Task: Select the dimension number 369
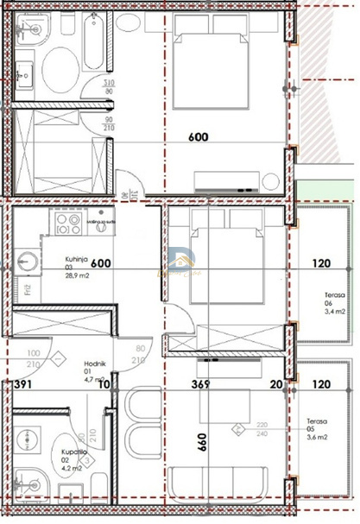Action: pyautogui.click(x=203, y=385)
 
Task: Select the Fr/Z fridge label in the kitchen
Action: pyautogui.click(x=28, y=288)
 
